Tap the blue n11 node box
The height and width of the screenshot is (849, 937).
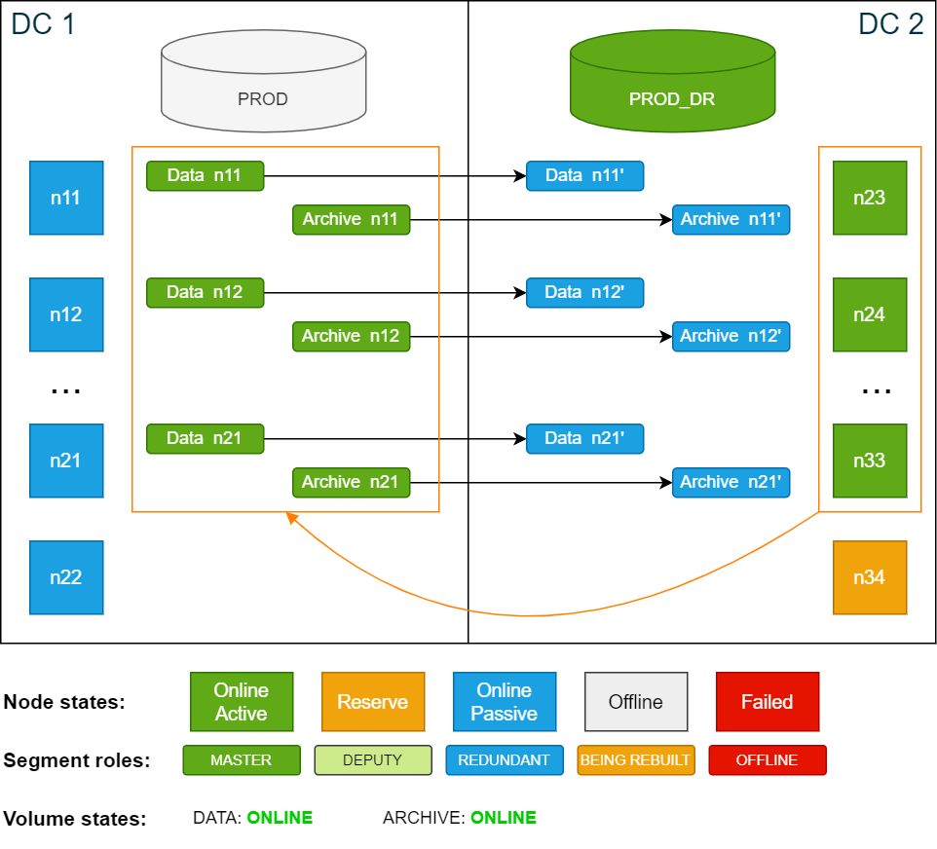coord(66,198)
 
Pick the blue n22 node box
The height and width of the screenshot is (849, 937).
coord(66,577)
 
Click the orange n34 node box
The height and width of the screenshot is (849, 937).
coord(870,577)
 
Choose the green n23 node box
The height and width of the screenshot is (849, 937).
coord(870,198)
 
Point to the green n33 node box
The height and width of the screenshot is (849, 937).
coord(870,461)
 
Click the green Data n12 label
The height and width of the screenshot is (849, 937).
coord(205,292)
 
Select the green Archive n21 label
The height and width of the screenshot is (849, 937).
coord(351,482)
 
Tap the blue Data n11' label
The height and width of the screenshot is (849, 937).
coord(584,176)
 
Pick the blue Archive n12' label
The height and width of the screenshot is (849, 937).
coord(731,336)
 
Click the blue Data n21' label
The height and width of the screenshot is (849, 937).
coord(584,438)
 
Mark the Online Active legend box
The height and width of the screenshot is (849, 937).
coord(242,701)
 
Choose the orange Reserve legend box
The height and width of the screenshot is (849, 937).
coord(373,701)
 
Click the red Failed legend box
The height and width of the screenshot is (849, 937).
coord(767,701)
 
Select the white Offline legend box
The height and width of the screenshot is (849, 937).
coord(636,701)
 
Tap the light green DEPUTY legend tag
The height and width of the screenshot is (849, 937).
coord(373,760)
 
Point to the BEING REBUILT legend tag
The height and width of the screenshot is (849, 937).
coord(636,760)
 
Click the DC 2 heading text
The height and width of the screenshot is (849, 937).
coord(890,24)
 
